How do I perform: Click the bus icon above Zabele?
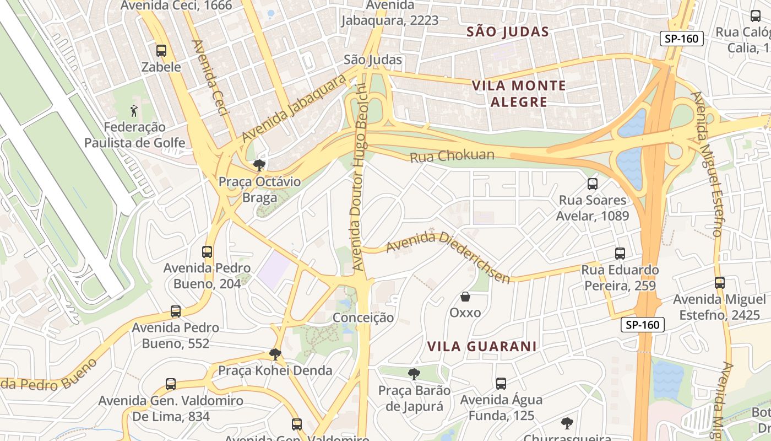(161, 51)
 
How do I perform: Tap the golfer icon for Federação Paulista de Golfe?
(134, 111)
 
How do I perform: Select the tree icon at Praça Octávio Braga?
(259, 165)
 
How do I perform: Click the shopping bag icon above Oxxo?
(465, 297)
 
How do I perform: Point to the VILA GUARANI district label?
(482, 346)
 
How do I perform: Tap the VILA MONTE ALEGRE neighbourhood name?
(519, 94)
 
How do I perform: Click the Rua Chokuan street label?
(452, 157)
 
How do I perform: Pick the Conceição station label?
(363, 318)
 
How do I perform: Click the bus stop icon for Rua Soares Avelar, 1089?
(593, 184)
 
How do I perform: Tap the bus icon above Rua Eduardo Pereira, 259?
(620, 254)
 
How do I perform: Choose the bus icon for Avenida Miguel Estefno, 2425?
(720, 283)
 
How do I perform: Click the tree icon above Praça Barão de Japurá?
(414, 374)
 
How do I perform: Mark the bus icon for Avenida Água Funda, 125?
(501, 383)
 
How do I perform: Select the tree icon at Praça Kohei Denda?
(275, 354)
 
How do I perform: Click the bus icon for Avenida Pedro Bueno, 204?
(207, 252)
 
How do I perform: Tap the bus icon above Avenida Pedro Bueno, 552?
(176, 311)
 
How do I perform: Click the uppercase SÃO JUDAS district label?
(508, 32)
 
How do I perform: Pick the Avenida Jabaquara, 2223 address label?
(390, 13)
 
